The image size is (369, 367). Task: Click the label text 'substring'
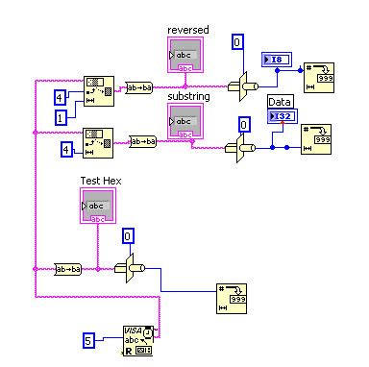tap(189, 98)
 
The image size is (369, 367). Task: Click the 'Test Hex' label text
tap(98, 180)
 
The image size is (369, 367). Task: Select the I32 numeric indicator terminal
tap(283, 116)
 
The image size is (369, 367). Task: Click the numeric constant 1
tap(59, 116)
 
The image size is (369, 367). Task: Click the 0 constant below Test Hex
tap(129, 235)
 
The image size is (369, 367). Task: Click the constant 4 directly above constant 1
tap(59, 97)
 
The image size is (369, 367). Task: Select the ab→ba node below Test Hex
tap(67, 268)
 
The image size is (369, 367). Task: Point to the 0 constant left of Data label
tap(244, 123)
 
